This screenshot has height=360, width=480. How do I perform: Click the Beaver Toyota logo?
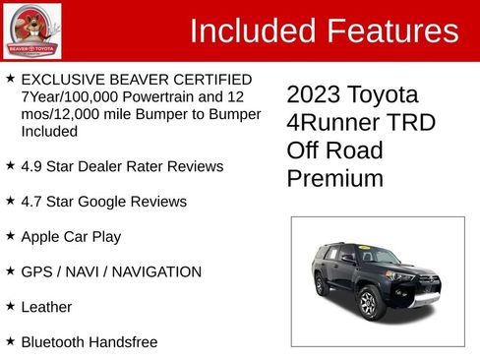32,30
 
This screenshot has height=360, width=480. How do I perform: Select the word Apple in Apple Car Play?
42,237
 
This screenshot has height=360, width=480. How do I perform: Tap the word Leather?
46,307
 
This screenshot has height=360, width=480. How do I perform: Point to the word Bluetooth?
55,341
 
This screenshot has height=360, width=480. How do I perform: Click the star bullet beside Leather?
10,306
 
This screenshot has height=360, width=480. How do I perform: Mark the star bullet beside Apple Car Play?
10,236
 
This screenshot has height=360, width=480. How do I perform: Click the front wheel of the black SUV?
369,302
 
